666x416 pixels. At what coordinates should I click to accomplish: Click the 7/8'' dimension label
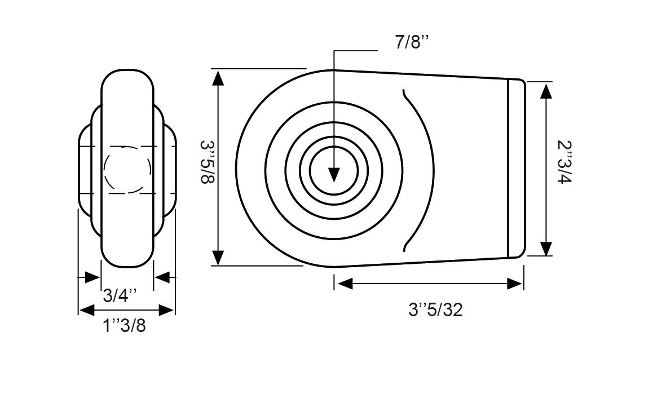coord(412,42)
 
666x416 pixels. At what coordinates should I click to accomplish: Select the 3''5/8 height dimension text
coord(208,162)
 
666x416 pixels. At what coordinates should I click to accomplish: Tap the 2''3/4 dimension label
coord(565,162)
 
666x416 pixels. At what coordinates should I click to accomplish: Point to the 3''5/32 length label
coord(435,310)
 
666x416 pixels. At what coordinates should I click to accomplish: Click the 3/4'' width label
coord(120,295)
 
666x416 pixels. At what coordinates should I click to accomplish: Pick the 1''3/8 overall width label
coord(124,326)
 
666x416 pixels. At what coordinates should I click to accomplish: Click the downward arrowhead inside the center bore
coord(334,175)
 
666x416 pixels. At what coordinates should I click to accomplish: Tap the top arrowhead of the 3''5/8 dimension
coord(218,78)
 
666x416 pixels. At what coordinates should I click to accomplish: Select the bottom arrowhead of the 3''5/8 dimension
coord(218,257)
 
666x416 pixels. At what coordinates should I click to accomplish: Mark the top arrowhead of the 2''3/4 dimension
coord(546,91)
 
